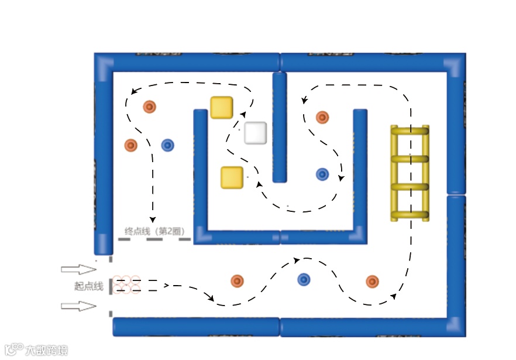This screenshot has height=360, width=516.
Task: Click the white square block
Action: click(x=256, y=133)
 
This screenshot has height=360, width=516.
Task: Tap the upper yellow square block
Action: click(x=222, y=108)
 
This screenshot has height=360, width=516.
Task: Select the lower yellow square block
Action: click(x=232, y=177)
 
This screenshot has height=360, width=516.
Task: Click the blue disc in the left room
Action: click(x=168, y=145)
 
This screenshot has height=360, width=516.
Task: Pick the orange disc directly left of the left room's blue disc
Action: click(x=131, y=145)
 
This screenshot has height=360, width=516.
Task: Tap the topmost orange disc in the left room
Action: click(x=150, y=107)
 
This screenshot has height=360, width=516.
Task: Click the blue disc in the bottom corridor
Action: click(x=304, y=280)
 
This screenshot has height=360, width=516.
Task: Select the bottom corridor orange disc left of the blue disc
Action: click(x=237, y=281)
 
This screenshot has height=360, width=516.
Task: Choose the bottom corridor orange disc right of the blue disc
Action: click(x=372, y=282)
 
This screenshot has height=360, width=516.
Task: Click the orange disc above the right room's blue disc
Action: click(x=322, y=117)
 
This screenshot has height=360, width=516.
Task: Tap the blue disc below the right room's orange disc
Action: click(x=322, y=174)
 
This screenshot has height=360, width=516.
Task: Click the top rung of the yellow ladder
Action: click(x=410, y=132)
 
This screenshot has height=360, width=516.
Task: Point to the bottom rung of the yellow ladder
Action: click(x=410, y=214)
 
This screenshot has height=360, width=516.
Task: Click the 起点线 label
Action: click(x=89, y=286)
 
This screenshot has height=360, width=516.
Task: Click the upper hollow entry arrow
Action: click(x=78, y=269)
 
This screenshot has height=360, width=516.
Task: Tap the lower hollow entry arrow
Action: click(x=78, y=306)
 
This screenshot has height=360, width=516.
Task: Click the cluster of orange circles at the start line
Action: click(x=126, y=284)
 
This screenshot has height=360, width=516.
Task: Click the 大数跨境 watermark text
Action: click(x=46, y=351)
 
